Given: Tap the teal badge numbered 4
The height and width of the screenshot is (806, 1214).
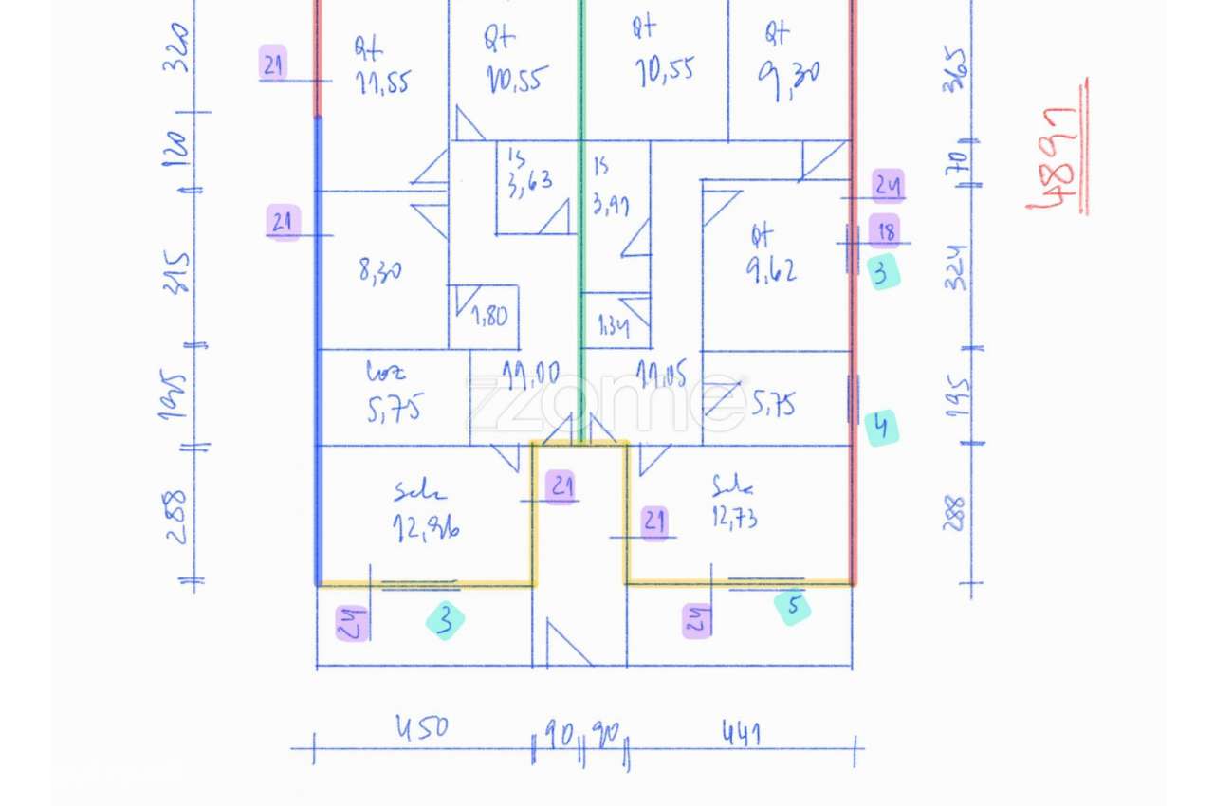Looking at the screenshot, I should tap(881, 428).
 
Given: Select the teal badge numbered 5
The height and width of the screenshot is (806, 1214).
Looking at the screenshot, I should tap(793, 607).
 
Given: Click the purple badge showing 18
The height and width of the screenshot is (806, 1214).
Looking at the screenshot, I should tap(885, 231).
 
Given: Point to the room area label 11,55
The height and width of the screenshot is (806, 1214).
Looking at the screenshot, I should tap(383, 83).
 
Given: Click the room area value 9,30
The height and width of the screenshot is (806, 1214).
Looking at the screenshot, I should tap(789, 72).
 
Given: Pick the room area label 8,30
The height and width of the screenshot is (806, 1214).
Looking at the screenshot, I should tap(379, 271).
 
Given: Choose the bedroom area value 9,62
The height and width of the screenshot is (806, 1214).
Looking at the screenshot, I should tap(770, 270).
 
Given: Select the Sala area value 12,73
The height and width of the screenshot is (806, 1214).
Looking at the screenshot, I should tap(734, 518).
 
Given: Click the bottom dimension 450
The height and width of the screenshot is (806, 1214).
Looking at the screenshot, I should tap(419, 729).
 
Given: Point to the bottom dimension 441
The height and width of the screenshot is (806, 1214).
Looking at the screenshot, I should tap(743, 732).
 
